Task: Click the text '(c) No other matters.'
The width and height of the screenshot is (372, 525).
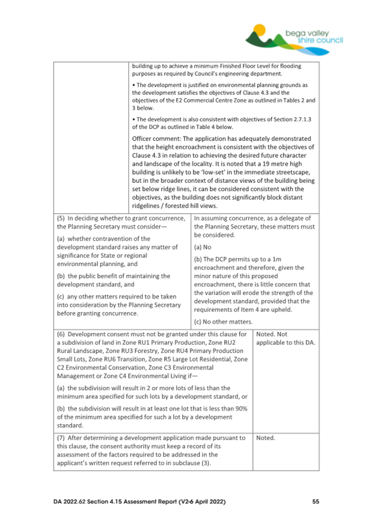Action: point(224,321)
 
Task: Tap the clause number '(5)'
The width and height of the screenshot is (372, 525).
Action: point(62,218)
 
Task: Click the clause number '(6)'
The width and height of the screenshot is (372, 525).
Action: point(62,334)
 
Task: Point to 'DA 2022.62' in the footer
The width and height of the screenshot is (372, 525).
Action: point(73,501)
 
